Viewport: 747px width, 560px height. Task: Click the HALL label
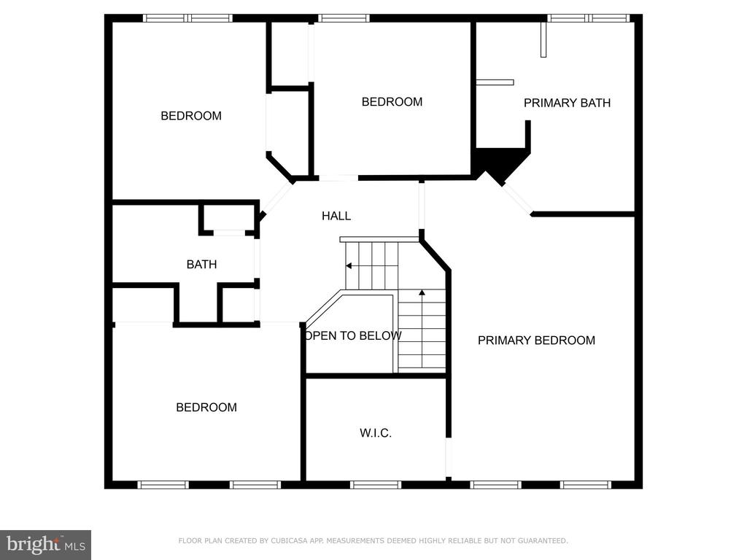(x=336, y=216)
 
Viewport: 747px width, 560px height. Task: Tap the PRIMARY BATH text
(x=567, y=103)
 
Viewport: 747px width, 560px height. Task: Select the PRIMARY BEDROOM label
(x=536, y=341)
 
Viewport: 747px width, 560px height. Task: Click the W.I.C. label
(x=376, y=433)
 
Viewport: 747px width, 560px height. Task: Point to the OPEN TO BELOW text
(x=353, y=335)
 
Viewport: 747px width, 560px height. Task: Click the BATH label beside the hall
(x=201, y=264)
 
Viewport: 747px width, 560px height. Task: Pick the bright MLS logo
(x=46, y=545)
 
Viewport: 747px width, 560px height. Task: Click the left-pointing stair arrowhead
(x=349, y=265)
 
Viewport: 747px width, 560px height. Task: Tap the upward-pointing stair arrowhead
(x=422, y=292)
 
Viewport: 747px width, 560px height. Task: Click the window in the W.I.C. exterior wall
(x=376, y=485)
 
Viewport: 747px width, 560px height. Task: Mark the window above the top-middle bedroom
(x=344, y=18)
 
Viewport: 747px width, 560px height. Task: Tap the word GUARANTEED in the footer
(x=543, y=540)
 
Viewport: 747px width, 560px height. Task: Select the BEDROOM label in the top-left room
(x=191, y=116)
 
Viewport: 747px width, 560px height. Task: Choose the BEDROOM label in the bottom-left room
(x=206, y=408)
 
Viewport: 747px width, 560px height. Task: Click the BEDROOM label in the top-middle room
(x=392, y=102)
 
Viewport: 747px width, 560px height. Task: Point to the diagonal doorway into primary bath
(x=517, y=199)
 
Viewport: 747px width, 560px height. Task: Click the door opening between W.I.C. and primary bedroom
(x=449, y=457)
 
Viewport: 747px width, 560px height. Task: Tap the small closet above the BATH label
(x=228, y=218)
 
